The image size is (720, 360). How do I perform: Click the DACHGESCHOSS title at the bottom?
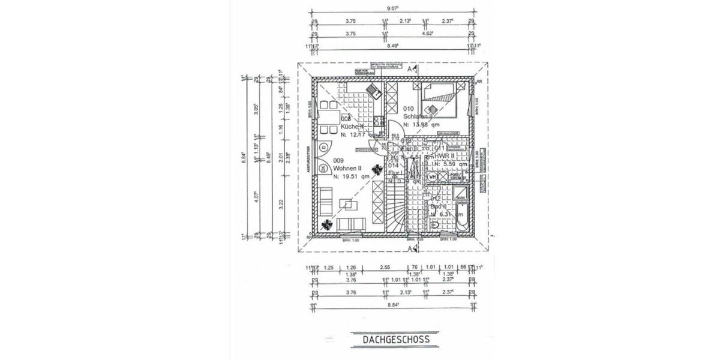click(x=396, y=340)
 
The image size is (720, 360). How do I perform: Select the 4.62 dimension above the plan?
click(x=427, y=35)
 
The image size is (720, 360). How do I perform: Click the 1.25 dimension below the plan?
click(x=328, y=268)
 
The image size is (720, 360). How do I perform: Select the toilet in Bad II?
click(x=436, y=226)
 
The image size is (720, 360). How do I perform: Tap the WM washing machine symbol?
click(x=431, y=177)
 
